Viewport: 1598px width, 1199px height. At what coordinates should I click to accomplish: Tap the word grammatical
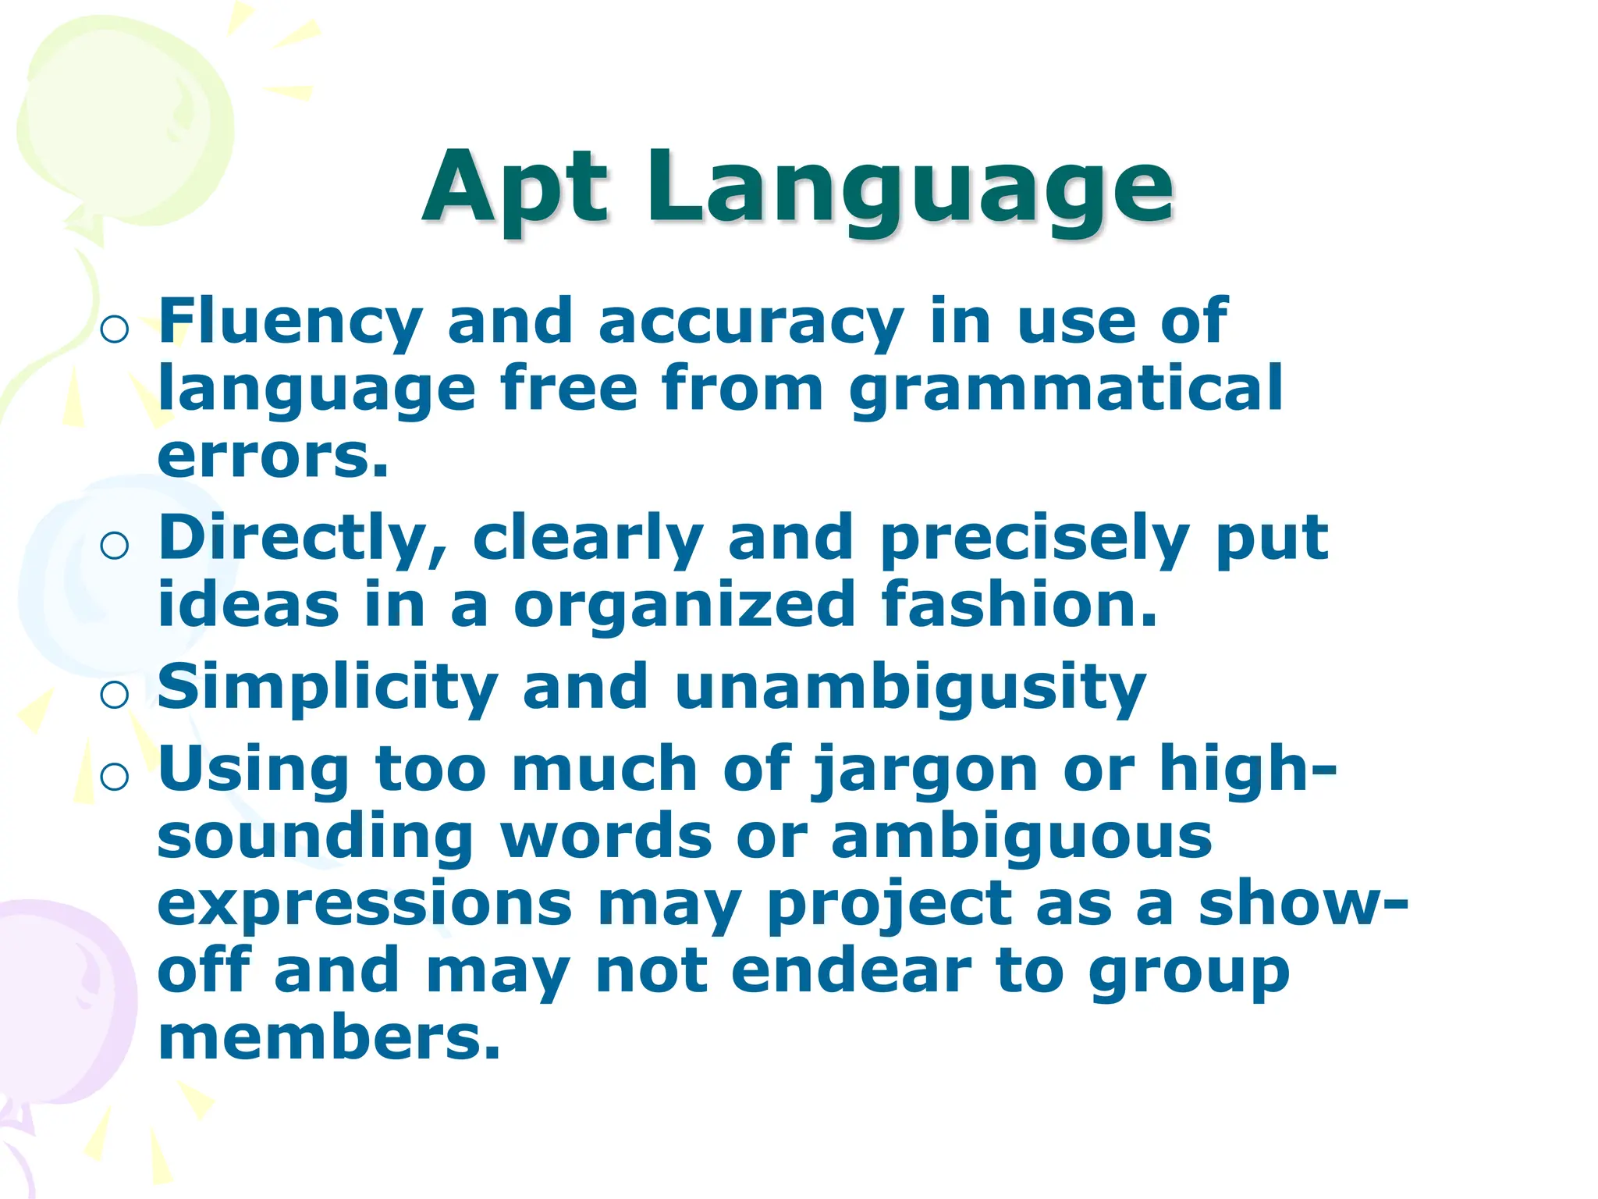(x=1066, y=390)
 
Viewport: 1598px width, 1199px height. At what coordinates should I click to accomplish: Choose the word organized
(x=684, y=605)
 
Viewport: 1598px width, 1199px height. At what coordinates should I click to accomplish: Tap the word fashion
(x=1019, y=605)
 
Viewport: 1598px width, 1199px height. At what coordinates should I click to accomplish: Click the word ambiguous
(x=1021, y=837)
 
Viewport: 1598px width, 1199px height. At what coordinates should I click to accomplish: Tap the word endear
(x=851, y=972)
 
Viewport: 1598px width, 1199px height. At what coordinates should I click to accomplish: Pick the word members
(x=328, y=1038)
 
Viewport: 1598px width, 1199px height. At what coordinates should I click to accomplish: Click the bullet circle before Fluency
(x=115, y=329)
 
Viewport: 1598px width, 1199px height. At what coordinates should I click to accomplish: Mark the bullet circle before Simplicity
(x=115, y=694)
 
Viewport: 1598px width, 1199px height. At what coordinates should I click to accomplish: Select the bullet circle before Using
(x=115, y=777)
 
